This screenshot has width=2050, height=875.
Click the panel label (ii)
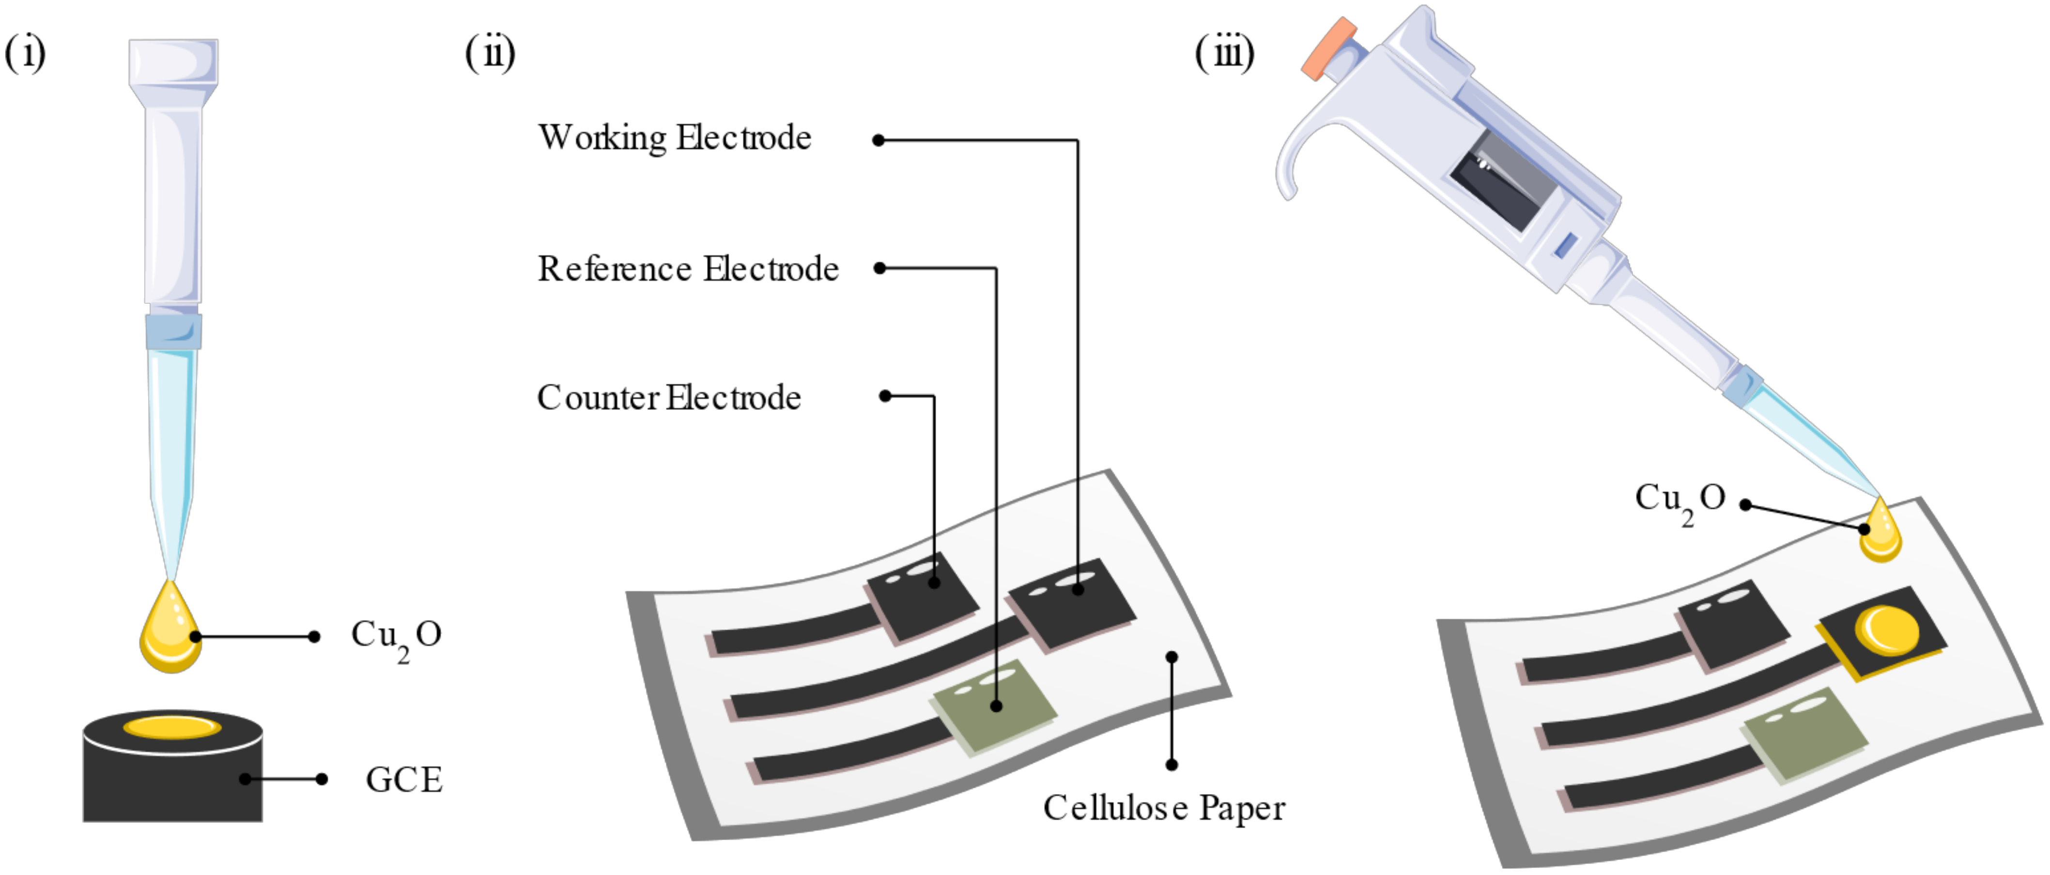490,54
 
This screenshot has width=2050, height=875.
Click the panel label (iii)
1224,54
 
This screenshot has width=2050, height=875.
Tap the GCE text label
403,780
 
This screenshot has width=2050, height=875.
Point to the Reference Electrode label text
688,269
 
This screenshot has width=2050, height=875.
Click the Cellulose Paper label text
1163,808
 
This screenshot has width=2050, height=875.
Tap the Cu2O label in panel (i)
396,638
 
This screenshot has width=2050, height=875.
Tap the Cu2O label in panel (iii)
1679,500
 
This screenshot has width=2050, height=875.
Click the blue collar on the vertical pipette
173,332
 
